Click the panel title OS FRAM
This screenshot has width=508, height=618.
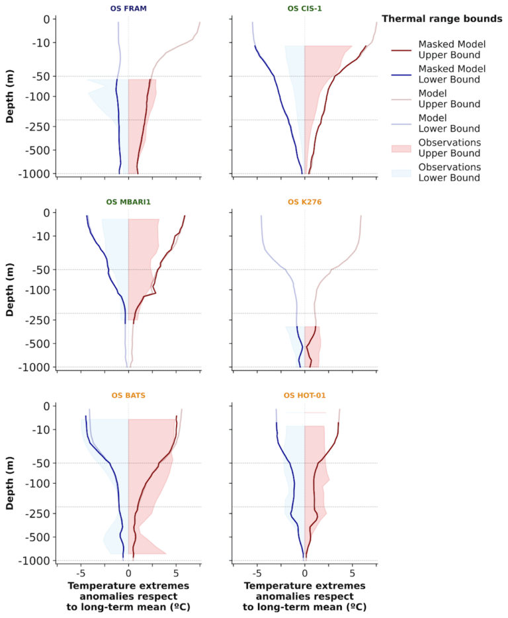(x=128, y=9)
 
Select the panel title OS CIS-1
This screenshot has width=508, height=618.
(x=304, y=9)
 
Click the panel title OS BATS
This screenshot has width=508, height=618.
(x=128, y=396)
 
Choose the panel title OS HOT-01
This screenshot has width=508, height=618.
(x=304, y=396)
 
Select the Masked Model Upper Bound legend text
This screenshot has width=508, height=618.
(x=452, y=49)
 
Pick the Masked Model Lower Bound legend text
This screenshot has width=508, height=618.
(x=452, y=73)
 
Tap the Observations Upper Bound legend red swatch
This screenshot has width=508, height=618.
(x=402, y=148)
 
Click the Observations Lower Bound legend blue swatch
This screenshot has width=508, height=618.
(x=402, y=172)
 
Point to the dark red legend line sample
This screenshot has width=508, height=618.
(x=402, y=50)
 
